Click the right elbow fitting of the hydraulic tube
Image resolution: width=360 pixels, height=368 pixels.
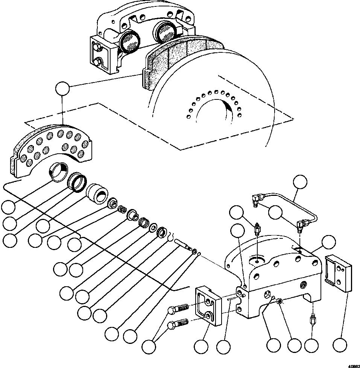(301, 225)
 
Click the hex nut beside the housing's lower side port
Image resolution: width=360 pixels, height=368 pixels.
(279, 301)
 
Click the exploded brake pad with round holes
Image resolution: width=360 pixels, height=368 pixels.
(49, 149)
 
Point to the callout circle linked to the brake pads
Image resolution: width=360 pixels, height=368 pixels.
(62, 90)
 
